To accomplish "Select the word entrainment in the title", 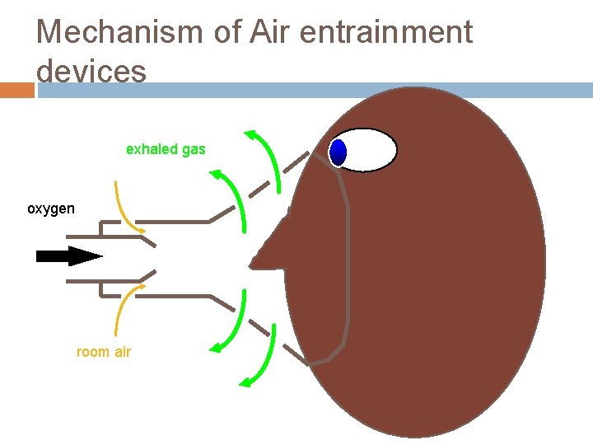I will pyautogui.click(x=386, y=32).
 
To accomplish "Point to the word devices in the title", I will pyautogui.click(x=91, y=71).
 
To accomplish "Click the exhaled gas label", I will pyautogui.click(x=166, y=149).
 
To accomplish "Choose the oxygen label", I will pyautogui.click(x=51, y=208).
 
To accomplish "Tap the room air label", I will pyautogui.click(x=104, y=352).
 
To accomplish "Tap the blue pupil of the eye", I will pyautogui.click(x=338, y=152).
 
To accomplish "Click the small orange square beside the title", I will pyautogui.click(x=16, y=90).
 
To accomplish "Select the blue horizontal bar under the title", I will pyautogui.click(x=313, y=90).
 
